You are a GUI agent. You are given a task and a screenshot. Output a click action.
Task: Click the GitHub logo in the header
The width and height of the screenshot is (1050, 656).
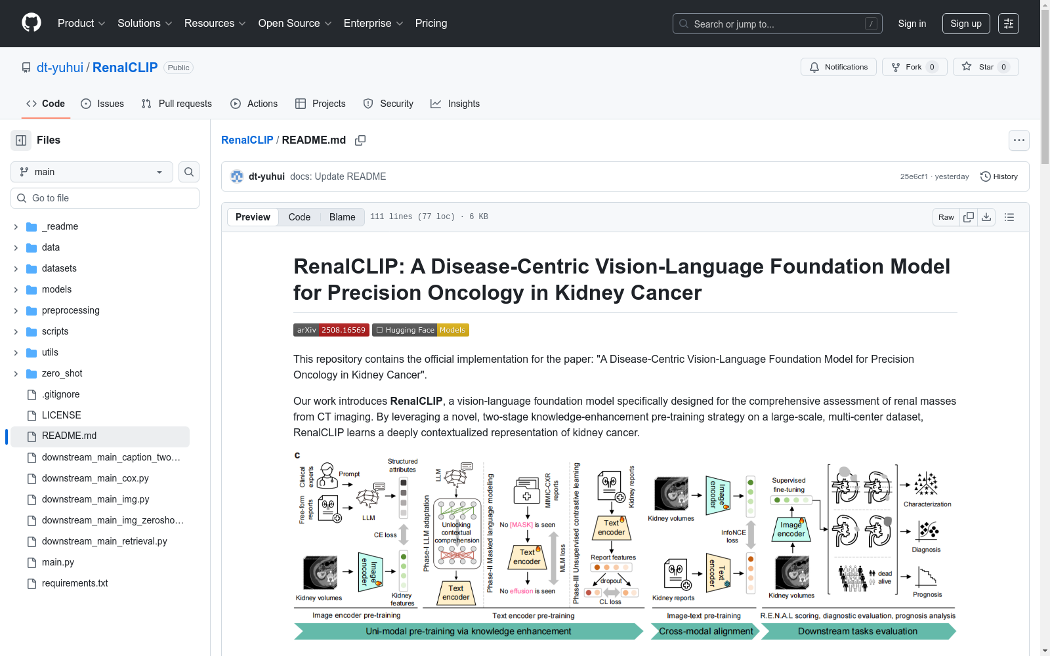[x=31, y=23]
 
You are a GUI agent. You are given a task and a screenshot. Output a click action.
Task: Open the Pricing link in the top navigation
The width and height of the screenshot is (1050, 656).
[x=430, y=24]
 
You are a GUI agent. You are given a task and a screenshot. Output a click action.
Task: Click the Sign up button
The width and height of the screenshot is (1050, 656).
[x=965, y=24]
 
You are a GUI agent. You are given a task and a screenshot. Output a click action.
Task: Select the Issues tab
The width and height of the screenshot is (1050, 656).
[x=102, y=104]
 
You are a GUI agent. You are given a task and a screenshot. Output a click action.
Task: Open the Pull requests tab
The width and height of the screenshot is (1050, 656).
[x=177, y=104]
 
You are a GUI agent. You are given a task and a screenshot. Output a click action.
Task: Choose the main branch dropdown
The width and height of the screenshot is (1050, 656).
[x=92, y=172]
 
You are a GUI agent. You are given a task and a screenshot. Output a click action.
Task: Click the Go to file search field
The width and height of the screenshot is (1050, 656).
[x=105, y=198]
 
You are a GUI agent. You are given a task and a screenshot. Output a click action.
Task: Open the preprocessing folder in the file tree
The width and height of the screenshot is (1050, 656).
[x=70, y=310]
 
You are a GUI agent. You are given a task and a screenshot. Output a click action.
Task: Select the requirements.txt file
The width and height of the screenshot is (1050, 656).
[x=75, y=583]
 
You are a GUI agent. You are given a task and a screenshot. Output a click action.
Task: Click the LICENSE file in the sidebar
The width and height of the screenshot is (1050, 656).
[x=61, y=415]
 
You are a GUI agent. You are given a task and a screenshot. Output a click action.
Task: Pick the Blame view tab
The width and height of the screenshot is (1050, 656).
[x=342, y=217]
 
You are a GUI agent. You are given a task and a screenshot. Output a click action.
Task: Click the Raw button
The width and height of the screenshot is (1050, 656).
[x=946, y=217]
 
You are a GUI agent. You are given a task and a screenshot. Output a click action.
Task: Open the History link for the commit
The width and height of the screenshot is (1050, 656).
[x=999, y=176]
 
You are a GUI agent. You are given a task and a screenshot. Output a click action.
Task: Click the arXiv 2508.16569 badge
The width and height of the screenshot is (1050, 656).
[x=331, y=330]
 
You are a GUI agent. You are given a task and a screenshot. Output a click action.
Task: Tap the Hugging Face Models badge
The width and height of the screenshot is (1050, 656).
[x=420, y=330]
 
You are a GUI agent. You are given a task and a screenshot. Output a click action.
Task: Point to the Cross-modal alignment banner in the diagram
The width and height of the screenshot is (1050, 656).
[x=705, y=631]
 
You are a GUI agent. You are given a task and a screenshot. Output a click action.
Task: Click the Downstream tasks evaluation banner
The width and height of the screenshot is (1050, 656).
[x=857, y=631]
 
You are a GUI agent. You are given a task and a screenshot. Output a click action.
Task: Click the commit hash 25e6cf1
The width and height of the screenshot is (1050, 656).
[x=913, y=176]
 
